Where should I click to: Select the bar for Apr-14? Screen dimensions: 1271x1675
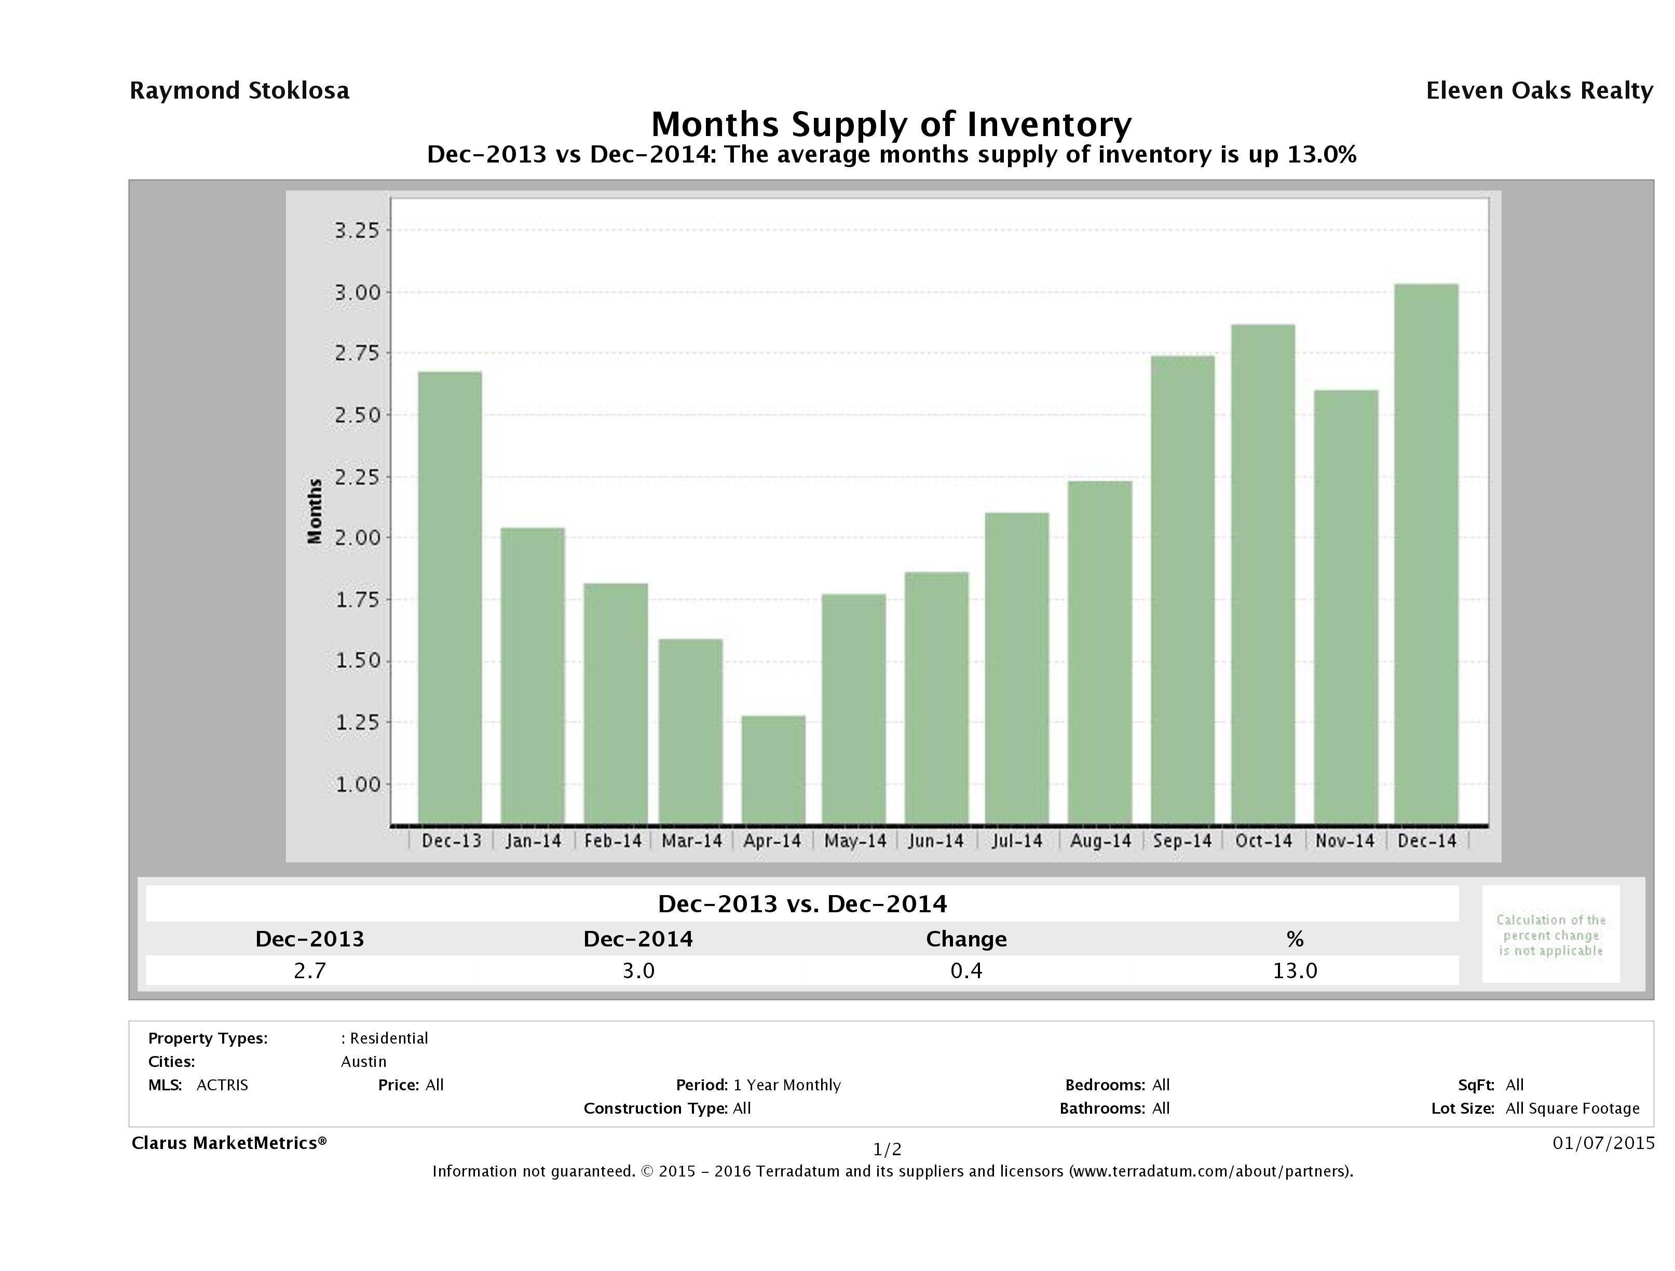pos(773,769)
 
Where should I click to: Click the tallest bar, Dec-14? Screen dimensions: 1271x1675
pos(1426,553)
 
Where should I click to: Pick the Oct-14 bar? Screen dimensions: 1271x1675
pos(1263,573)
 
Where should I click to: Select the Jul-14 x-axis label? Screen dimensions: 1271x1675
pos(1017,841)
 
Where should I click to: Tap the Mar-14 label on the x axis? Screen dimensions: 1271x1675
pos(691,841)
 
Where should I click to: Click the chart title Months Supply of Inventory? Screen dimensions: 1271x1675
pos(891,124)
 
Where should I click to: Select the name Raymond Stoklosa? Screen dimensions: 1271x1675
pos(239,91)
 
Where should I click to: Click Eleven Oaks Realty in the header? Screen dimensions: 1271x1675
pos(1538,91)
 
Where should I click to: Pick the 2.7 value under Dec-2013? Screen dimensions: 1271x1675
pos(310,970)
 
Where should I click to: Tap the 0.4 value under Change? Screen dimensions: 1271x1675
pos(966,970)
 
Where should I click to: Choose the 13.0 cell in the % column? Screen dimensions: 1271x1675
pos(1295,970)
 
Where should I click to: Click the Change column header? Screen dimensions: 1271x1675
pos(966,939)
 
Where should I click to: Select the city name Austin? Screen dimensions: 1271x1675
pos(363,1062)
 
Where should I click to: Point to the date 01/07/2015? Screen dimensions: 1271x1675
pos(1603,1142)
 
